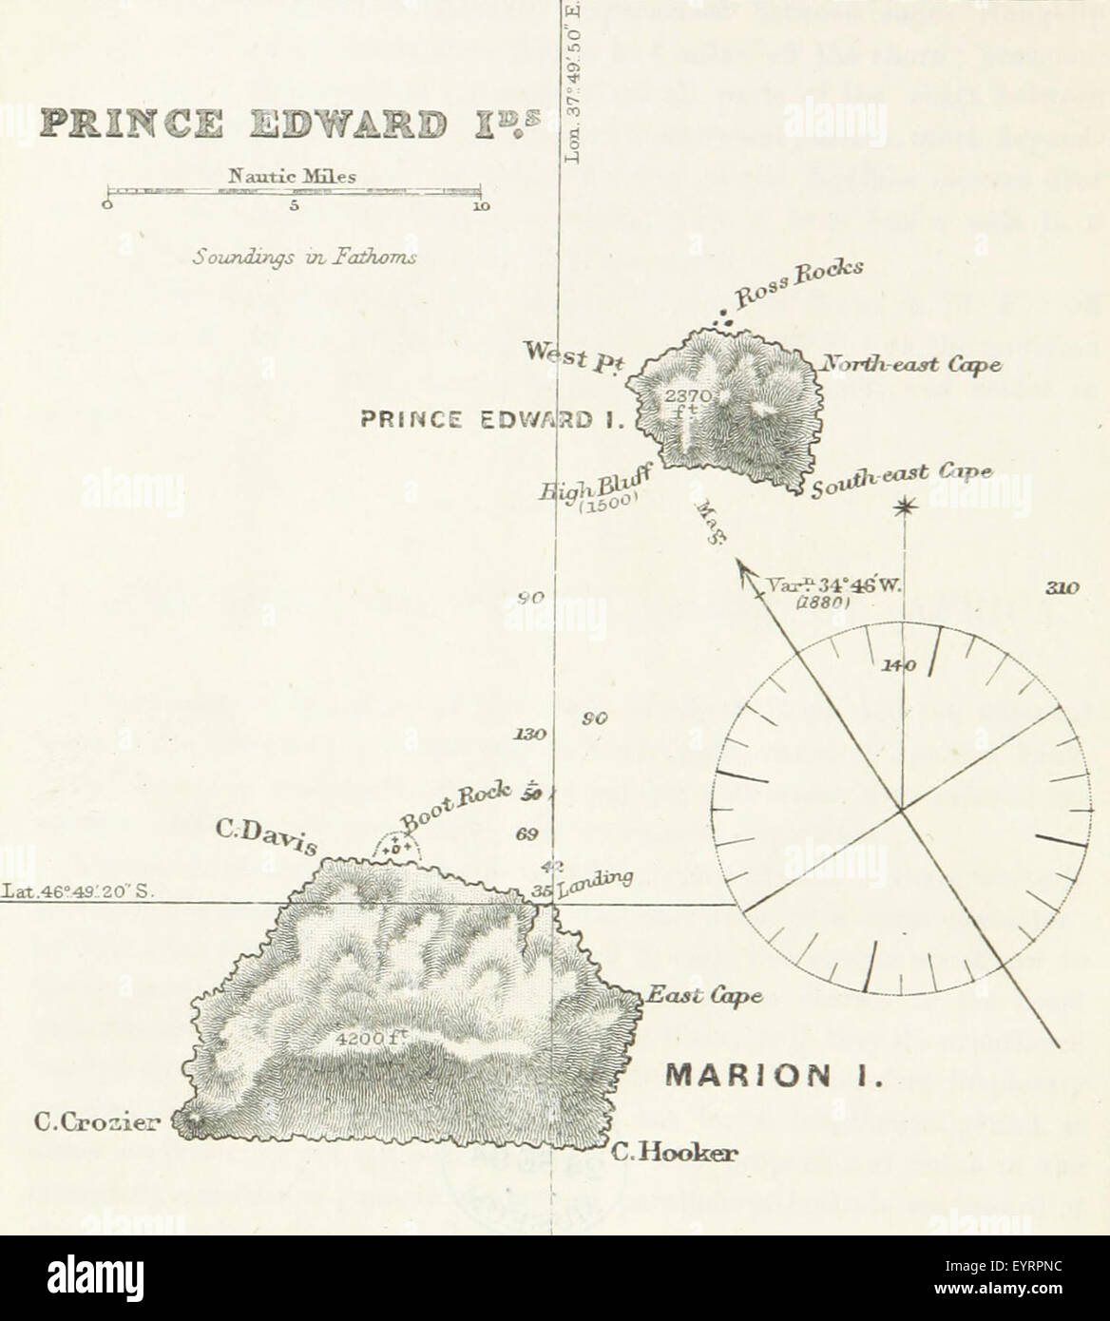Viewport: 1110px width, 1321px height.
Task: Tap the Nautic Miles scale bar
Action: coord(295,192)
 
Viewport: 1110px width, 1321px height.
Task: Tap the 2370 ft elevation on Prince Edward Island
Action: coord(682,399)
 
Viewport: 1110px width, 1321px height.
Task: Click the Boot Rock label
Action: coord(457,804)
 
